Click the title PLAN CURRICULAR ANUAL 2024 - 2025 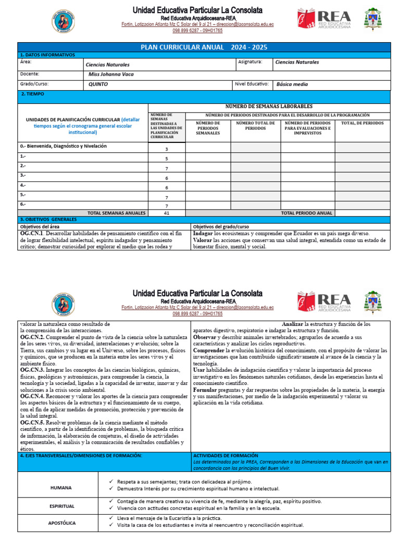204,47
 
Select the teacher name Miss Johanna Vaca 111,74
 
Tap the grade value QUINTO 98,84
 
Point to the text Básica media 292,84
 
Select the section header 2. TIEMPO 32,94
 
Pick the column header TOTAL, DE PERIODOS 362,123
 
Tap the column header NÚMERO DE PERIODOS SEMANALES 208,128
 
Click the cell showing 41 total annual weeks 167,213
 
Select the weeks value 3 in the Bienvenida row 167,149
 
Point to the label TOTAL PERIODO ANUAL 307,213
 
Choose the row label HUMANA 61,488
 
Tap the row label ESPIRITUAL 62,506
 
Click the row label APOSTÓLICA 62,522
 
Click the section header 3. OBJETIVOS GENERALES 48,220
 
